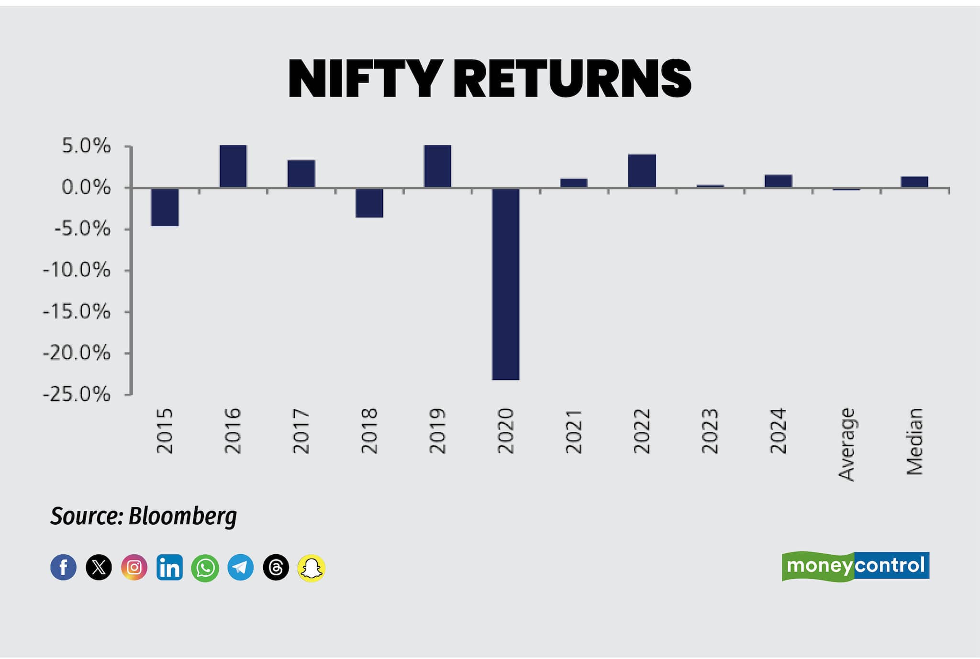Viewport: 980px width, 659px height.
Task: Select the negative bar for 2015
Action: [x=165, y=207]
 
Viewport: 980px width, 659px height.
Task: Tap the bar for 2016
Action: [x=233, y=166]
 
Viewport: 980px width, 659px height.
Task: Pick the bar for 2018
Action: [x=369, y=203]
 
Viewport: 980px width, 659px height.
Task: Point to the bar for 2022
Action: [x=642, y=171]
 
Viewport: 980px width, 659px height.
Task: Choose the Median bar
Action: [x=914, y=182]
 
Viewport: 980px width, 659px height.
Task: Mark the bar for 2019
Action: [x=437, y=166]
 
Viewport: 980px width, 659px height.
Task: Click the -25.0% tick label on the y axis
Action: [x=77, y=395]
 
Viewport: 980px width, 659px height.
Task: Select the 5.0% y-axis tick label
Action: [x=86, y=146]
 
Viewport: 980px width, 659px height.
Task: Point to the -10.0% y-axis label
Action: [x=77, y=271]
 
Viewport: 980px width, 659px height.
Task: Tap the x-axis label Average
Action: [x=846, y=444]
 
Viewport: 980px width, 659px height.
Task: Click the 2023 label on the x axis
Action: [x=710, y=430]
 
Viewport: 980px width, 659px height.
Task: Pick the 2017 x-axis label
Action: [x=301, y=430]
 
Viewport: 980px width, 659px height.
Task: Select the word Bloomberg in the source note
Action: [x=183, y=516]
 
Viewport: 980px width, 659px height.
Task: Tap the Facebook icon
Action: [x=64, y=568]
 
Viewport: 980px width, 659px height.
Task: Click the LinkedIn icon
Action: [x=169, y=568]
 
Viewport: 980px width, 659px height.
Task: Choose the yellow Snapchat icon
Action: [x=312, y=568]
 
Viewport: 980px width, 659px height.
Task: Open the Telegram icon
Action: [x=240, y=568]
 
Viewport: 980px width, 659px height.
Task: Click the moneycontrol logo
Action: [x=856, y=566]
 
